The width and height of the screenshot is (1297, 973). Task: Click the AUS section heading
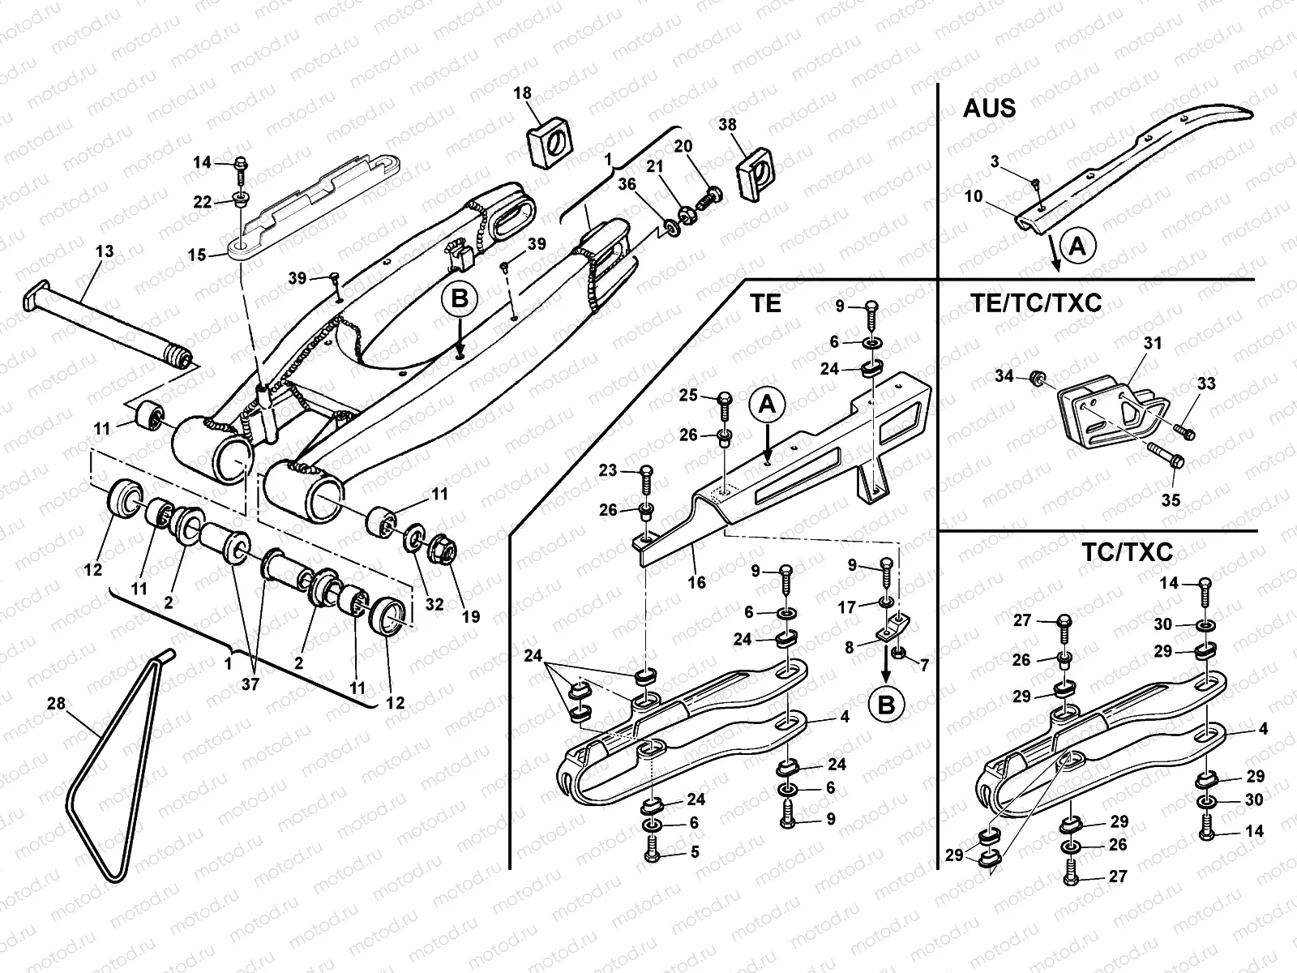coord(989,109)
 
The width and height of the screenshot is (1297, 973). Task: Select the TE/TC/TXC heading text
coord(1035,303)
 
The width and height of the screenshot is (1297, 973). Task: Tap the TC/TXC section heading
coord(1127,552)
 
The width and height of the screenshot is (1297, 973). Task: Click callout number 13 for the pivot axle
coord(105,252)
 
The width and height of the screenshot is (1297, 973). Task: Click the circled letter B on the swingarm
coord(460,299)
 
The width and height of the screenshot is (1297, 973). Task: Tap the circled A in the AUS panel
coord(1077,245)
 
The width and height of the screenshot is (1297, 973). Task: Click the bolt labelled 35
coord(1166,454)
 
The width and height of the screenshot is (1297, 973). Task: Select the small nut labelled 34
coord(1035,378)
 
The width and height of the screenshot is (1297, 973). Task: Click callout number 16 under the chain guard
coord(696,581)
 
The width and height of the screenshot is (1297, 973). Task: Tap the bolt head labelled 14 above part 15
coord(242,165)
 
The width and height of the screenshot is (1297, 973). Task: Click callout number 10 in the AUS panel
coord(974,196)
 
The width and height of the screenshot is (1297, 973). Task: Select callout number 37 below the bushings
coord(250,684)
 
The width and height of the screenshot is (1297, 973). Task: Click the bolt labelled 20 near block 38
coord(713,195)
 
